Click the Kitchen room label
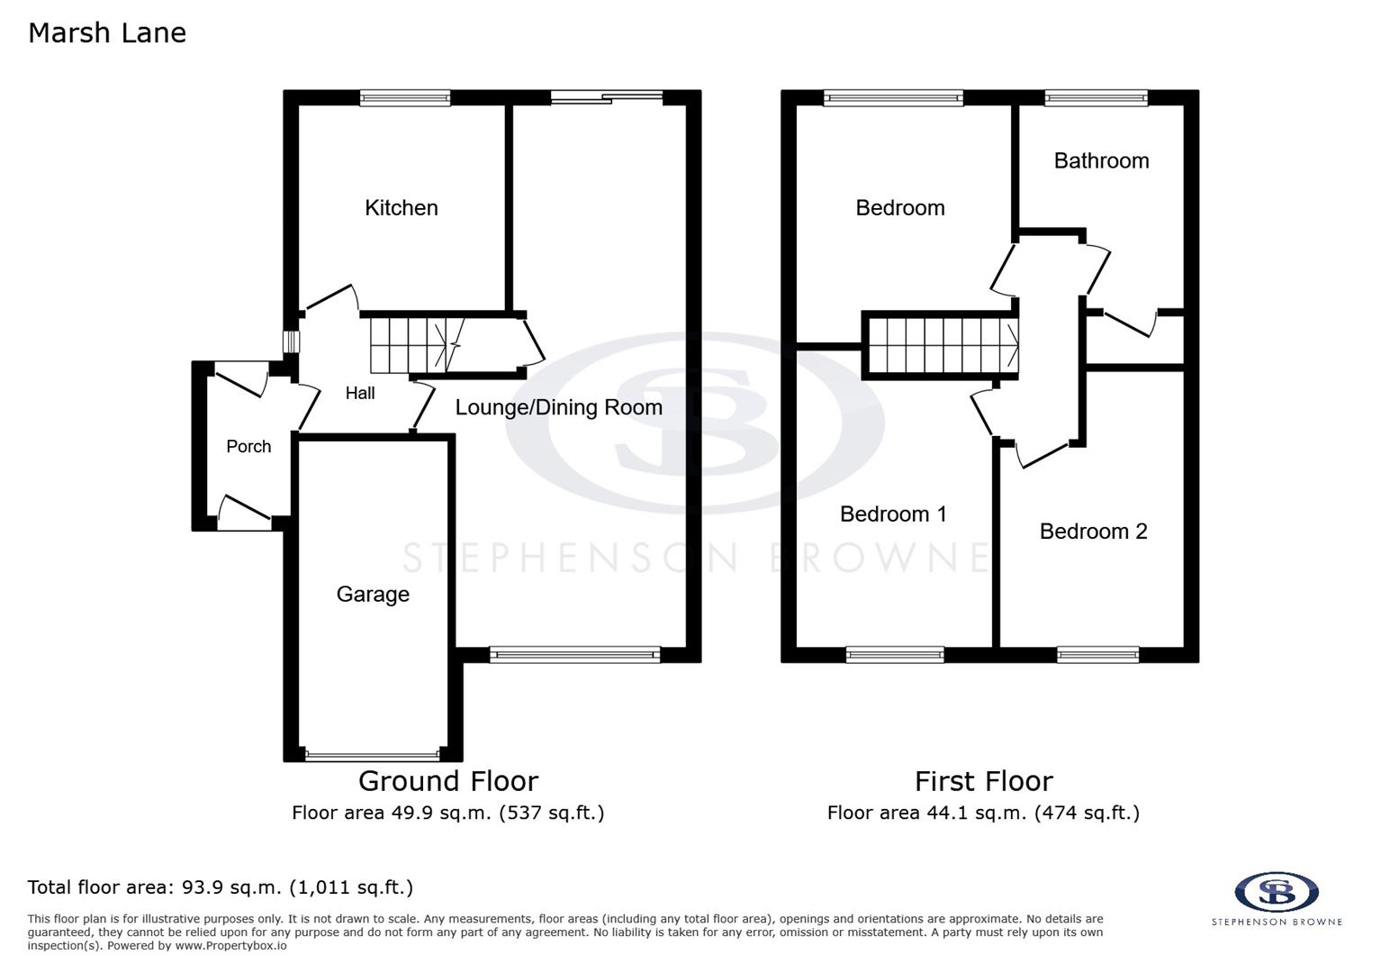pos(402,208)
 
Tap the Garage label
pos(373,595)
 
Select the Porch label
pos(248,447)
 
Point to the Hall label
pos(360,393)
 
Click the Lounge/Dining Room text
pos(558,407)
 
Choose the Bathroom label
pos(1101,161)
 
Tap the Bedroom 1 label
pos(893,514)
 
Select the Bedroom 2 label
pos(1093,532)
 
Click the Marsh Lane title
pos(107,33)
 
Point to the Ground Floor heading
pos(448,781)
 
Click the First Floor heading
pos(983,781)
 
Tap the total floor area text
pos(221,887)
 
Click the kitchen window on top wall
pos(404,98)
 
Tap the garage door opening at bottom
pos(373,755)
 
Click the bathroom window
pos(1096,98)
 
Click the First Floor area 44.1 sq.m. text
pos(983,814)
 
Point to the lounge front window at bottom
pos(574,655)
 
